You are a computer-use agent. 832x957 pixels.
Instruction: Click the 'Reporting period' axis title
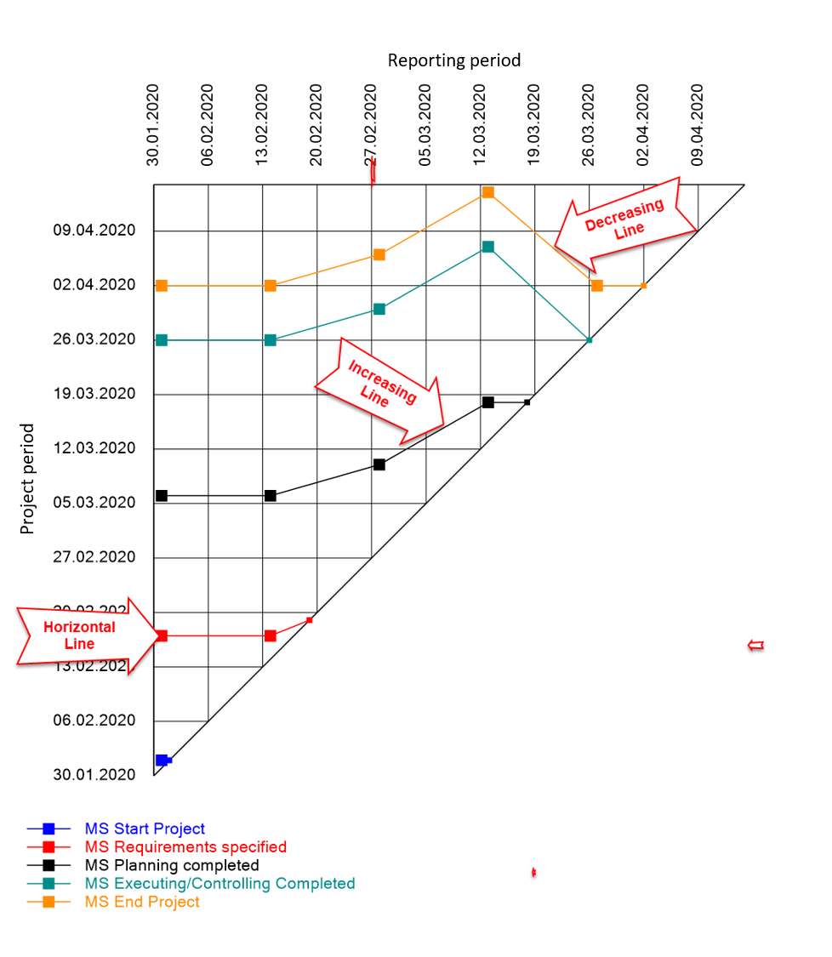point(453,60)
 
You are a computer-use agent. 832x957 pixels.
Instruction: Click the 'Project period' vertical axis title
point(28,479)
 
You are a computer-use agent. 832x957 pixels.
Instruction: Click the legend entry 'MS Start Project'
point(145,829)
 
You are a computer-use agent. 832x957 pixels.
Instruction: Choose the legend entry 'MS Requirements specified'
point(185,847)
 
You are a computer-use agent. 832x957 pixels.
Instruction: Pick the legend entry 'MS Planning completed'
point(172,865)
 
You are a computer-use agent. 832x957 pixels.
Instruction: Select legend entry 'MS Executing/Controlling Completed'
point(219,884)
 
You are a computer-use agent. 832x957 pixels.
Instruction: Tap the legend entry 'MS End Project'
point(142,902)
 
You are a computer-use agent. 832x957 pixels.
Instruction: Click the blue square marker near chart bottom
point(162,760)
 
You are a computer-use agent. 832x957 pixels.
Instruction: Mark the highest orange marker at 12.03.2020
point(487,192)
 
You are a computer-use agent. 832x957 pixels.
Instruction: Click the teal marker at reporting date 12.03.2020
point(487,247)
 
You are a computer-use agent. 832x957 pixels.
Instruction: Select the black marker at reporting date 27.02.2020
point(379,464)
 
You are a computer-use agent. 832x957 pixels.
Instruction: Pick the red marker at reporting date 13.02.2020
point(271,635)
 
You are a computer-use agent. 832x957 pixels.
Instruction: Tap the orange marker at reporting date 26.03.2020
point(597,285)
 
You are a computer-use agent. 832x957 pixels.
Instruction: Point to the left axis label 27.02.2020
point(94,557)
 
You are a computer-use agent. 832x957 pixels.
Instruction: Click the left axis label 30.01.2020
point(94,775)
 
